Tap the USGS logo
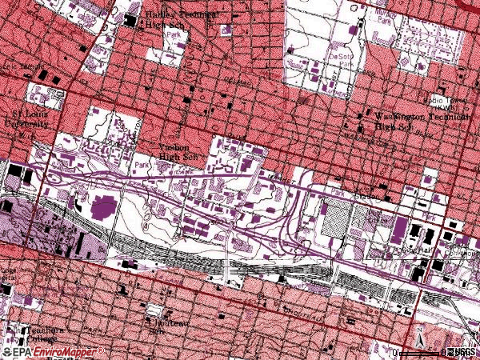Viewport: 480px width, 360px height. (461, 352)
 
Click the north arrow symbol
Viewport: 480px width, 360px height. (421, 337)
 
